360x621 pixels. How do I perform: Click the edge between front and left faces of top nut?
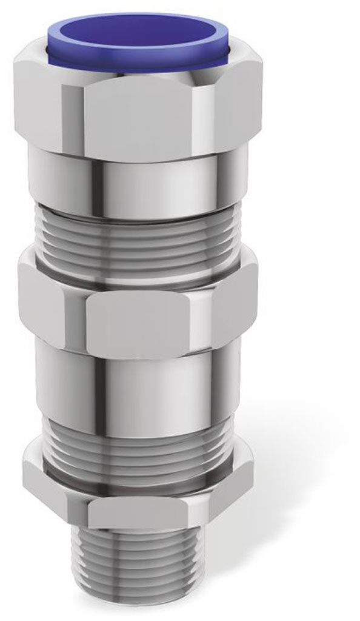(x=83, y=118)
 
